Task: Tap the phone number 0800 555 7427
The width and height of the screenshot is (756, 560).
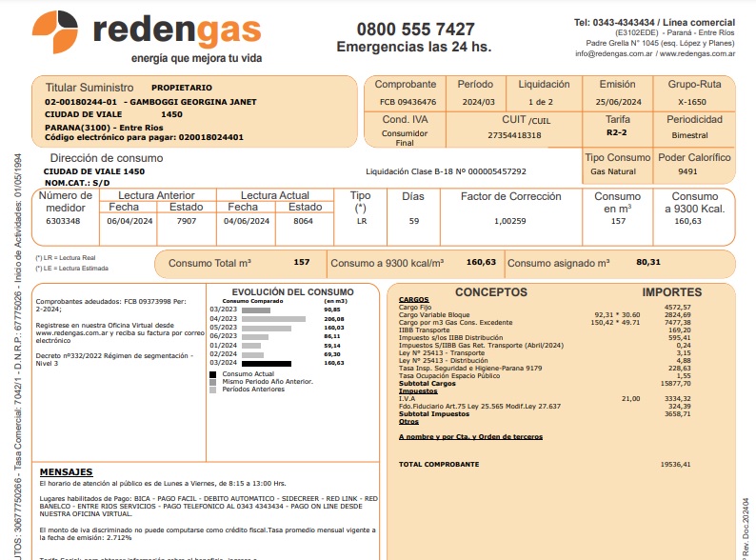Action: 415,30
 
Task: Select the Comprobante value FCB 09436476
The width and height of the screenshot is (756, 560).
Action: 408,101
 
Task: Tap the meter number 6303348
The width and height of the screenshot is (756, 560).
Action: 63,221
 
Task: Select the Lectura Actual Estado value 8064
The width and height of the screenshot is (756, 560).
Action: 304,221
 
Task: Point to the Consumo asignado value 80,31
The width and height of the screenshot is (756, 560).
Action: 648,262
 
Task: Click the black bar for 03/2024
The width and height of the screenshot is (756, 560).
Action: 267,363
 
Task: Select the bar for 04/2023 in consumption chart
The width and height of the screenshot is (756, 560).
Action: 274,318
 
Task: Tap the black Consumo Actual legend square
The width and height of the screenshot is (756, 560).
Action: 213,374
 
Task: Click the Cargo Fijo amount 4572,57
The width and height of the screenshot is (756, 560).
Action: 676,307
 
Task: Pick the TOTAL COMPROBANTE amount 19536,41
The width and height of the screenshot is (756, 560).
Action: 674,464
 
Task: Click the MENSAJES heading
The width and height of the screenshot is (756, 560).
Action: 66,471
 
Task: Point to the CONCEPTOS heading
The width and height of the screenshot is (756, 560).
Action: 490,292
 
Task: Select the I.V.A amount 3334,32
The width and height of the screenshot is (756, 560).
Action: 676,399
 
